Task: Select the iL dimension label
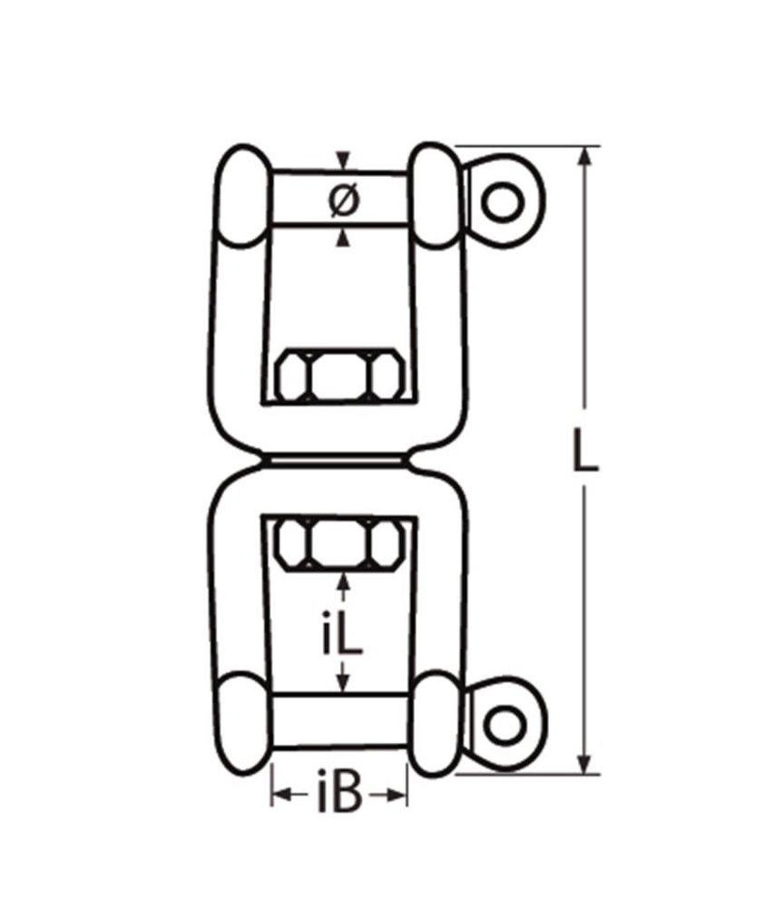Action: pyautogui.click(x=342, y=636)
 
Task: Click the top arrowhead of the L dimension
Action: pyautogui.click(x=585, y=157)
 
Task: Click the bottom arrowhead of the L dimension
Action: pyautogui.click(x=585, y=763)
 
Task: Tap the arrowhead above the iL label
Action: pyautogui.click(x=342, y=580)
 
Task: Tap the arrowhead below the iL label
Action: pyautogui.click(x=342, y=685)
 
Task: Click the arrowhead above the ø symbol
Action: pyautogui.click(x=342, y=161)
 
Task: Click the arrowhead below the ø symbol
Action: pyautogui.click(x=342, y=238)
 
